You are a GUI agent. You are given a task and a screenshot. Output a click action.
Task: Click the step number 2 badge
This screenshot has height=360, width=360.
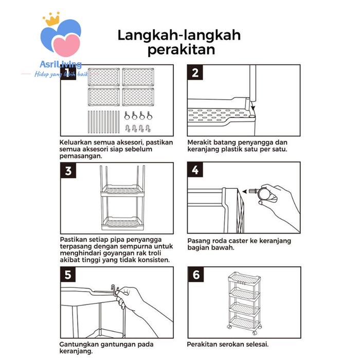tap(195, 72)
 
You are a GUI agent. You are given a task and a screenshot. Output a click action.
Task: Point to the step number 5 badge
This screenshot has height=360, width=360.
tap(68, 275)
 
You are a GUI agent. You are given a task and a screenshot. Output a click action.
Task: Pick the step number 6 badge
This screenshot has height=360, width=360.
tap(195, 275)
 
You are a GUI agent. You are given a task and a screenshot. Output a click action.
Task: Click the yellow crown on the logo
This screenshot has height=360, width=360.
tap(51, 20)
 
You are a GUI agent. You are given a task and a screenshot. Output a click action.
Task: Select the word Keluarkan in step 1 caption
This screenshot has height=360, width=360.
tap(78, 142)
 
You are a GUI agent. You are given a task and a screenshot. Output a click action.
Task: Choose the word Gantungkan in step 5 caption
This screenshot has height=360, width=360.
tap(84, 344)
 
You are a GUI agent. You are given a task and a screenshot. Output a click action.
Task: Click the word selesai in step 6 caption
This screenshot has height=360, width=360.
tap(255, 344)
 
